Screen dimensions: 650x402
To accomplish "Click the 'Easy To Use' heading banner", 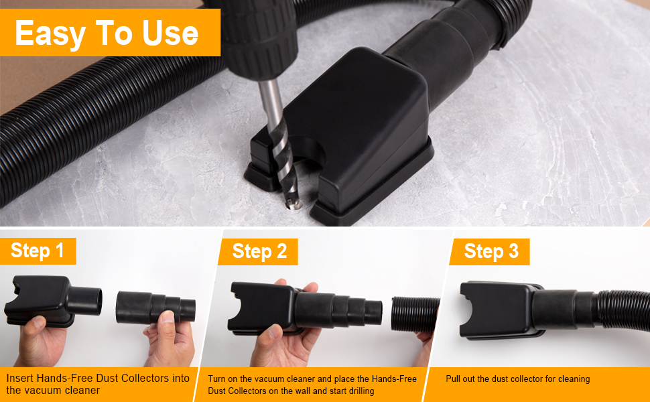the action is [x=110, y=32].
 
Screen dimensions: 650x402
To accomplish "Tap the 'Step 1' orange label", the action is [x=38, y=251].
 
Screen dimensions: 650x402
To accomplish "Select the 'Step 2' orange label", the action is [x=259, y=251].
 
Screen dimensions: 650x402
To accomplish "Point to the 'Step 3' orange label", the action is [x=491, y=251].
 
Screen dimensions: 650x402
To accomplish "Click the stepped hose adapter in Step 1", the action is [x=155, y=307].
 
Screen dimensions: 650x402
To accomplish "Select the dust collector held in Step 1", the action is [x=53, y=300].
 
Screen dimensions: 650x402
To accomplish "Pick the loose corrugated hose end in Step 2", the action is [x=415, y=314].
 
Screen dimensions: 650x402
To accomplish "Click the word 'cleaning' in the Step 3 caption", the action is [x=574, y=379].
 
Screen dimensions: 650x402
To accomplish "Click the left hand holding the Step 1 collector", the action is [x=41, y=340].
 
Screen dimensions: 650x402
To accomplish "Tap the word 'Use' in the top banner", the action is [x=170, y=33].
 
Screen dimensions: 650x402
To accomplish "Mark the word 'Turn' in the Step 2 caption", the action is [x=216, y=379].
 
